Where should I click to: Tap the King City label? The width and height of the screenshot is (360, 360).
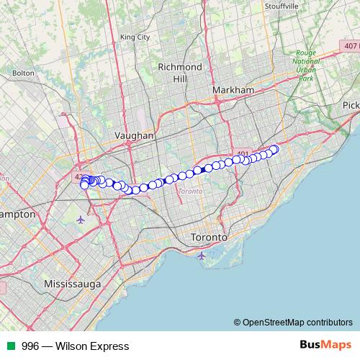point(135,37)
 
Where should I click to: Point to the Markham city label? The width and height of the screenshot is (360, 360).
point(234,89)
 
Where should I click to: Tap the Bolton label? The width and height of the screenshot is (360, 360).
point(23,73)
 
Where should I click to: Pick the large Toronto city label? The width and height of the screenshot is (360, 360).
point(209,237)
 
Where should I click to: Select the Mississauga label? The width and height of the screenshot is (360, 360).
point(72,284)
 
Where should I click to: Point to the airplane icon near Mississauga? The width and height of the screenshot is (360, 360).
point(79,219)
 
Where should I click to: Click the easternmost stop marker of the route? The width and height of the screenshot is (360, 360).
point(274,149)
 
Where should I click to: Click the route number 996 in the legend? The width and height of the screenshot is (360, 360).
point(30,346)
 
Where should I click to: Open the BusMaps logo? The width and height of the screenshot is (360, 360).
point(325,346)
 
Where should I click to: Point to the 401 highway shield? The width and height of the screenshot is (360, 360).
point(243,153)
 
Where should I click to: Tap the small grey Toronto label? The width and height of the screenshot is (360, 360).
point(190,192)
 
